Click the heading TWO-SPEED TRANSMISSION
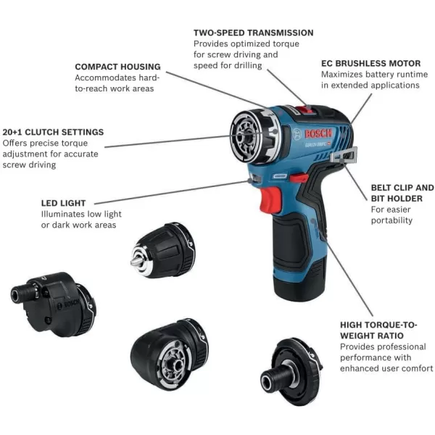(253, 33)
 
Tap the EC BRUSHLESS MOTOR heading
(370, 63)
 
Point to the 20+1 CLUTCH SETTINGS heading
(53, 132)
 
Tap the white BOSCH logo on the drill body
(317, 136)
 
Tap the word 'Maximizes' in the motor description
(345, 74)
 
